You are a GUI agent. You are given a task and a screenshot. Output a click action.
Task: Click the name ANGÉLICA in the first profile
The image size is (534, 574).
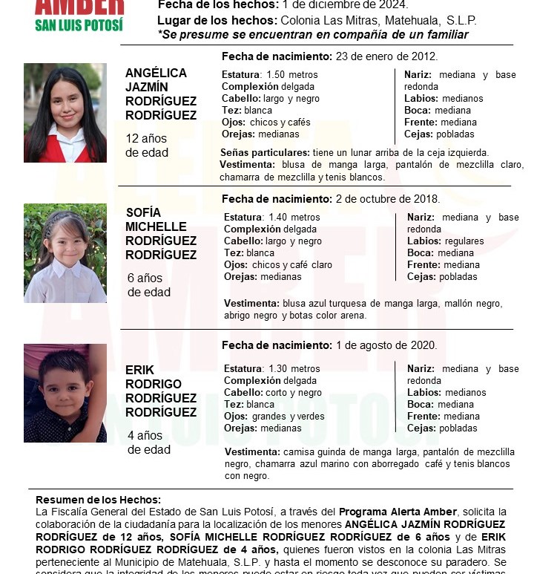[156, 73]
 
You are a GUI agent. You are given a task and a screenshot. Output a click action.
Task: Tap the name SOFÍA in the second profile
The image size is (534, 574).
[143, 212]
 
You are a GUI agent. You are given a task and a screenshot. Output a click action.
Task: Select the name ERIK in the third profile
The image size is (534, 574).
[140, 369]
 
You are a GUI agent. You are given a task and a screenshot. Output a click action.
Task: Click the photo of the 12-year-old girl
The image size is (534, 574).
[65, 113]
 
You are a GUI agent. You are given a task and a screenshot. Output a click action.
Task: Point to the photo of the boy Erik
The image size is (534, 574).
[65, 393]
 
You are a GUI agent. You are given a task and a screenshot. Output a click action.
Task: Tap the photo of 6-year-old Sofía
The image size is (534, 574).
[65, 253]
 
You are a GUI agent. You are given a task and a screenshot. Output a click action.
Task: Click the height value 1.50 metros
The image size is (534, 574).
[291, 75]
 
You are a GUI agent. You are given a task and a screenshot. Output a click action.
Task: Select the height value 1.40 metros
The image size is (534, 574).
[294, 218]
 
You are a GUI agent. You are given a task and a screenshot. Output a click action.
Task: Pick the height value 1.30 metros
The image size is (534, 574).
[294, 369]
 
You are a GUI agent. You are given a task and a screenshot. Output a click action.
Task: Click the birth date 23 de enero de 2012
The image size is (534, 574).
[386, 56]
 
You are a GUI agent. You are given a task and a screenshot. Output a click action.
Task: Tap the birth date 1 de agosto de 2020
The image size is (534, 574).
[386, 345]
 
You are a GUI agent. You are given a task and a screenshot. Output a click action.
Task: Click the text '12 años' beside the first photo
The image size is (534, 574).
[147, 139]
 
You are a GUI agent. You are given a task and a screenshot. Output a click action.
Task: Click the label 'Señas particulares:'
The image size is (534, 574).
[257, 152]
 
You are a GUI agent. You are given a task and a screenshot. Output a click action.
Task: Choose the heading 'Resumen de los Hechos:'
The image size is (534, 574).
[98, 500]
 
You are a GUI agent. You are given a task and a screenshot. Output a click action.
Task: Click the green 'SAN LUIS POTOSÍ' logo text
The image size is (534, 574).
[79, 24]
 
